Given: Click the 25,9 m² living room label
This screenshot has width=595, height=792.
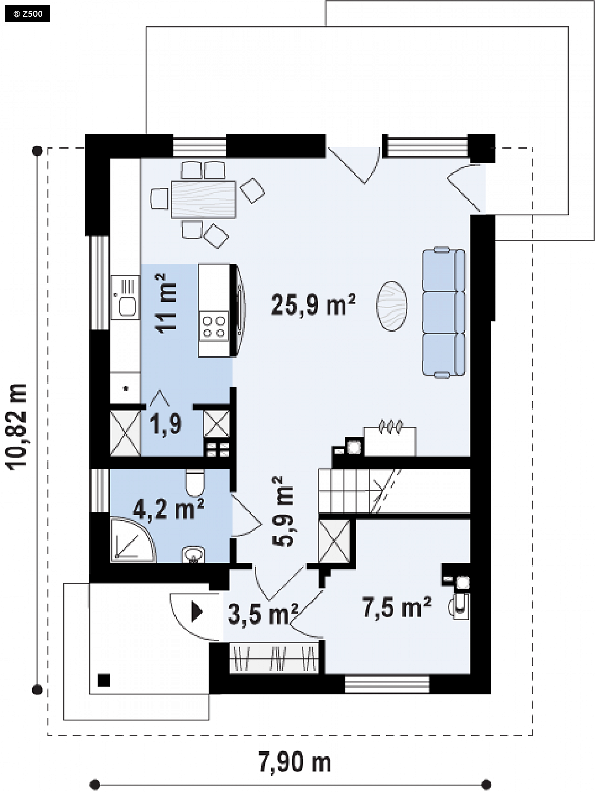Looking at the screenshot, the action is (x=313, y=305).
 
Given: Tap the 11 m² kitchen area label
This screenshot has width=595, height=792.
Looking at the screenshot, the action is (x=165, y=303).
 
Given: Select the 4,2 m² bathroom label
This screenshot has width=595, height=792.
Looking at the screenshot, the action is (x=169, y=509).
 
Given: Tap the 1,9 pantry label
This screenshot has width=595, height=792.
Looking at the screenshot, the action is (x=165, y=424).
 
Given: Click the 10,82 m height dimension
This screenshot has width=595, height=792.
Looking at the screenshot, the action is (x=16, y=427).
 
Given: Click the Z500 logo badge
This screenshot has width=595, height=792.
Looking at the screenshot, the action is (x=28, y=14).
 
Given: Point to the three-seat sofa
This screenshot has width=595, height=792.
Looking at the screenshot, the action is (x=443, y=312).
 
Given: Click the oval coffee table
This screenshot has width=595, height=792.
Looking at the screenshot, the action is (x=391, y=306).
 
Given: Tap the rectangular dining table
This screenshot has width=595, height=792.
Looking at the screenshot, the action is (x=203, y=199).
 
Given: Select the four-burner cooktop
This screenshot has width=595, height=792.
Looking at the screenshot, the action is (x=214, y=326).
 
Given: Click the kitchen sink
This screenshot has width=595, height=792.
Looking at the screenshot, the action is (x=126, y=297).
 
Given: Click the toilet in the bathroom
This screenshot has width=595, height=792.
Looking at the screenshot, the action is (x=195, y=483).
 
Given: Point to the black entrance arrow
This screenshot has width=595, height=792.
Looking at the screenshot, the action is (x=197, y=611).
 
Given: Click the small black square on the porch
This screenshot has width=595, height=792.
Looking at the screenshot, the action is (x=104, y=681).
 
